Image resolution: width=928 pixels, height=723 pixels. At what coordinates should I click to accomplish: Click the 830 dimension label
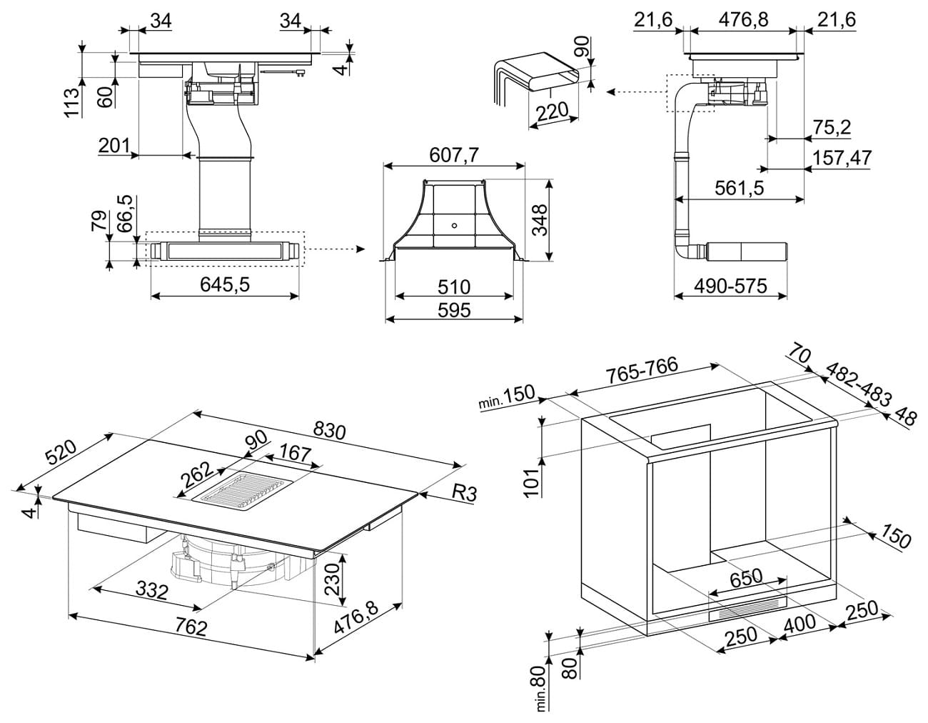click(x=329, y=431)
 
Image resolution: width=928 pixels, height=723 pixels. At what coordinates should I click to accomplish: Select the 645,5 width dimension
click(x=225, y=284)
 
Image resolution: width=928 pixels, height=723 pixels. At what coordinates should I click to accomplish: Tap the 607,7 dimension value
click(x=454, y=155)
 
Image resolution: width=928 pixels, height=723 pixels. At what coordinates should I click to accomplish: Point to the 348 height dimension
click(x=540, y=220)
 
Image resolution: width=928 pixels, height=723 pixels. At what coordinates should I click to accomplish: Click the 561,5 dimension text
click(x=740, y=188)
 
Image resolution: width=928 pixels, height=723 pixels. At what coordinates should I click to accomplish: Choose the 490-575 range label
click(x=731, y=286)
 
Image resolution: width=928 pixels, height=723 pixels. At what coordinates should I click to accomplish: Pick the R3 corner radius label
click(x=464, y=494)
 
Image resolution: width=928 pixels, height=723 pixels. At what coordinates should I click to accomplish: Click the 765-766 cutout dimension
click(x=642, y=370)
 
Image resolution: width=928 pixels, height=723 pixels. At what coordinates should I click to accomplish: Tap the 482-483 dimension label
click(x=858, y=385)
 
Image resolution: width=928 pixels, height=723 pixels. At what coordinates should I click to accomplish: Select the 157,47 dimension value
click(x=842, y=158)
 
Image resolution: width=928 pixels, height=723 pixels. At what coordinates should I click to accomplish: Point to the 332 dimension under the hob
click(x=151, y=591)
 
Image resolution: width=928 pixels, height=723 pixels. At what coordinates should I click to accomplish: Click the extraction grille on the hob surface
click(x=243, y=494)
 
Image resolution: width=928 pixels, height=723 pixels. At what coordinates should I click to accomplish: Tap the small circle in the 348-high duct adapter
click(x=454, y=225)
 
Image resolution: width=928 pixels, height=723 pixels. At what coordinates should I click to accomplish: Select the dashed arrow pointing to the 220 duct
click(x=636, y=91)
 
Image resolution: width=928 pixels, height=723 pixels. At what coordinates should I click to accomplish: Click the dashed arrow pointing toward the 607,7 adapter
click(x=336, y=249)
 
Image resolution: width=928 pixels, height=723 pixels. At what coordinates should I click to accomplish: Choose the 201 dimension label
click(x=114, y=146)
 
